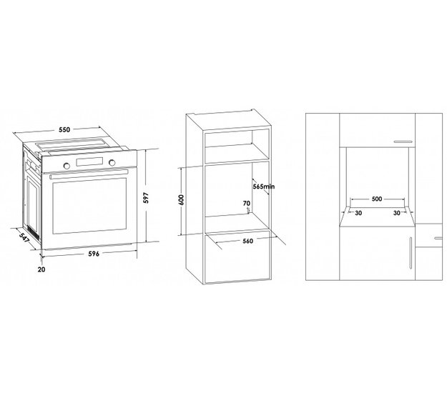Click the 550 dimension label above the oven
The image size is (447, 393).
point(64,129)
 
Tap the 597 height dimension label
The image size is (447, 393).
point(146,198)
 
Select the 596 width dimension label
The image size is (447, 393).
point(94,254)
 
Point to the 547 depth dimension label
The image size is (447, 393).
point(25,238)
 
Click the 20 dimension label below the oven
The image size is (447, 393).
point(41,269)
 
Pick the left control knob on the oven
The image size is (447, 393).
point(67,166)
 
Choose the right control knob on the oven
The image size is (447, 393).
point(112,162)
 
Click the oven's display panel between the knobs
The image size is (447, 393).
point(89,161)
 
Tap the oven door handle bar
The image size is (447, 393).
point(89,174)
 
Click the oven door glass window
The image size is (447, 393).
point(89,206)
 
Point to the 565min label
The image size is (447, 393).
point(264,186)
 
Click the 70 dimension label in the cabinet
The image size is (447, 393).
point(247,204)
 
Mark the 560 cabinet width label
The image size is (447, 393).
point(247,241)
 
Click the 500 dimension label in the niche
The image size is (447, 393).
point(377,199)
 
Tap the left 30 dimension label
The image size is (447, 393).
point(358,213)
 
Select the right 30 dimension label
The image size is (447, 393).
point(396,213)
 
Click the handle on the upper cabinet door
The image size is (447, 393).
point(403,141)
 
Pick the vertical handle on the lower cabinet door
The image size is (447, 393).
point(411,253)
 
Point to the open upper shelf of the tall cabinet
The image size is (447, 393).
point(237,146)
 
